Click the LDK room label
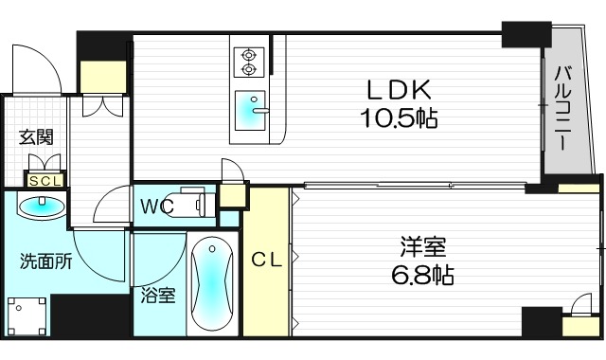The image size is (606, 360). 400,89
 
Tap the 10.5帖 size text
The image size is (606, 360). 400,119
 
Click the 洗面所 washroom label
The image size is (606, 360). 46,262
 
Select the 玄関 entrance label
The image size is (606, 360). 37,136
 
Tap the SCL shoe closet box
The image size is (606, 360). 44,180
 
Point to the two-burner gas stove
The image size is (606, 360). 249,60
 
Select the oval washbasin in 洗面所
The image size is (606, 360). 41,206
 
